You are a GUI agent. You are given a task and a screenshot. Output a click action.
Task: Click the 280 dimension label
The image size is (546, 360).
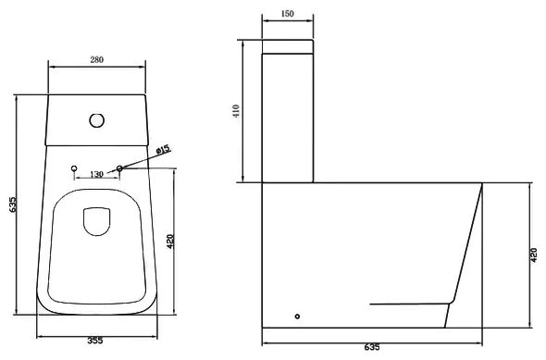point(97,60)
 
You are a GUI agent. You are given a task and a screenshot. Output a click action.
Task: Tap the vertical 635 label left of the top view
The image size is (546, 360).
point(13,205)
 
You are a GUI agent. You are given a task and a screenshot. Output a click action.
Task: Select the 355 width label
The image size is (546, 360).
point(95,341)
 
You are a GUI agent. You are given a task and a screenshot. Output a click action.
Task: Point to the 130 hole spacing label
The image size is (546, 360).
point(96,174)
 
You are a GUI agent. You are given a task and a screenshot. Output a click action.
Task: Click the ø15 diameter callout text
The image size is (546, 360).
point(163,150)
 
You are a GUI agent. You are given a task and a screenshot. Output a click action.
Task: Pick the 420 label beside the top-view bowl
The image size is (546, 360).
point(170,242)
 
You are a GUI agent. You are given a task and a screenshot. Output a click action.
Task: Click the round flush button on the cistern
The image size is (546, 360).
point(97,120)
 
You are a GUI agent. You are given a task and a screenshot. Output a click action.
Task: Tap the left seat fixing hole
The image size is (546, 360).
point(74,168)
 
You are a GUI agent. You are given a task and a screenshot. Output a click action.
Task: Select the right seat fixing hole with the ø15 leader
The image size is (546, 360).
point(119,168)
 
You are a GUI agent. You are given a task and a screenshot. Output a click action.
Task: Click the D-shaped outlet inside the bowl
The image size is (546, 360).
point(97,222)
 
